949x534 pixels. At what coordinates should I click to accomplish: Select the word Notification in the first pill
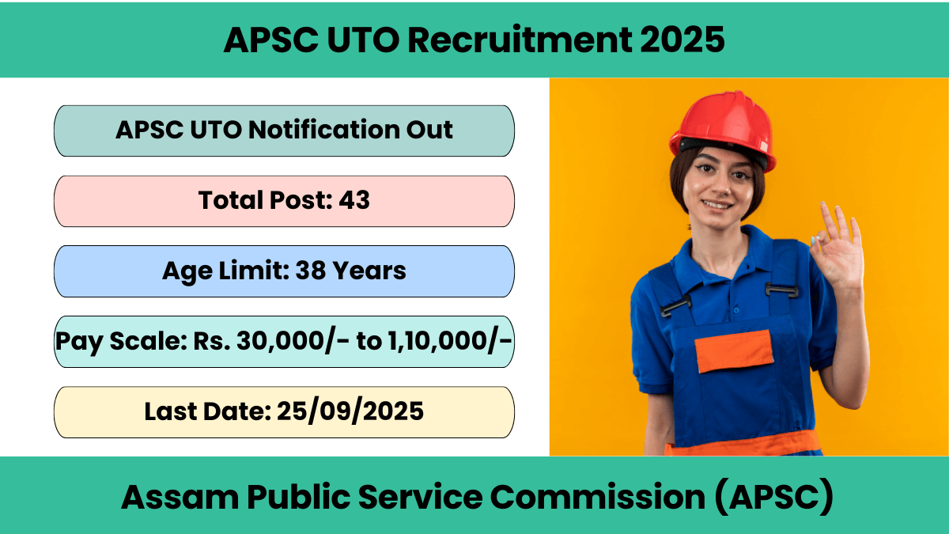click(323, 130)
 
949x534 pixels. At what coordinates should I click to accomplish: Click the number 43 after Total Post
click(354, 200)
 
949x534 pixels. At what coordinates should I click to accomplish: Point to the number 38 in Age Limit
click(310, 271)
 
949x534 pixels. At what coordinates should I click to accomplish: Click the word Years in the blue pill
click(369, 271)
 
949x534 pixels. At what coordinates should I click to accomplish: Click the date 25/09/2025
click(350, 411)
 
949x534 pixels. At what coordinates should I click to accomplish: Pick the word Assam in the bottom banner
click(180, 497)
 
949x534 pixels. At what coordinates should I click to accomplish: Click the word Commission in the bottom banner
click(598, 497)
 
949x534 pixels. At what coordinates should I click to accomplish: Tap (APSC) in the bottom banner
click(774, 497)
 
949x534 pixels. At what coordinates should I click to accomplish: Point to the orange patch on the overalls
click(734, 351)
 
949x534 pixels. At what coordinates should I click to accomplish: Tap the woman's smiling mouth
click(716, 205)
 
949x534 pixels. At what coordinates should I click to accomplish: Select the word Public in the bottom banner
click(299, 497)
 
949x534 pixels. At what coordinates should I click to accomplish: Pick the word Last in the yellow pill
click(169, 411)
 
